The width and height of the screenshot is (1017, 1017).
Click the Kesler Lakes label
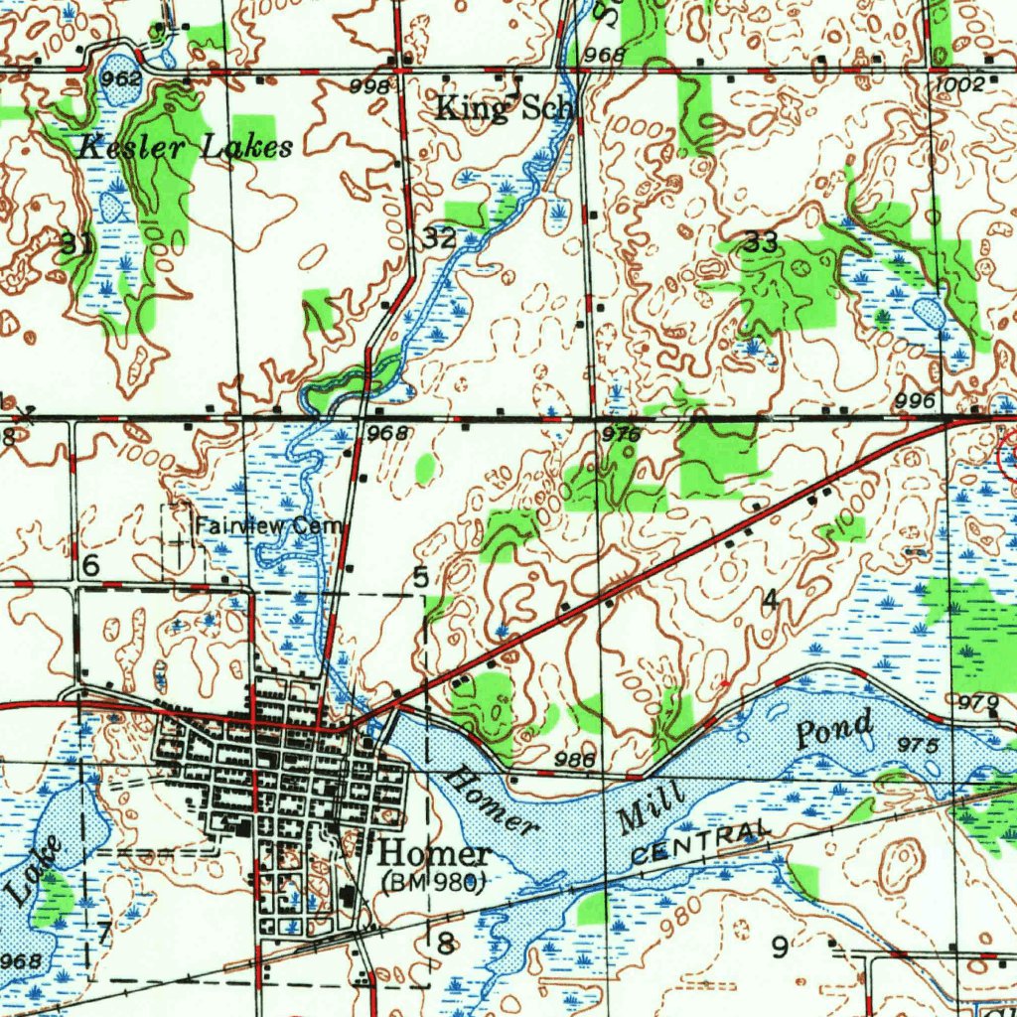(186, 148)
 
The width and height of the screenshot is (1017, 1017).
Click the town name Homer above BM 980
(435, 853)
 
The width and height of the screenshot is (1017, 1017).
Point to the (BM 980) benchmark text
(432, 881)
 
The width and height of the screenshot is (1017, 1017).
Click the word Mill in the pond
(652, 806)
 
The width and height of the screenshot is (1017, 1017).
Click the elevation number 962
(120, 77)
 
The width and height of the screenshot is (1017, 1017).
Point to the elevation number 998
(369, 87)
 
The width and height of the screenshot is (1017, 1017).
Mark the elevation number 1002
(959, 85)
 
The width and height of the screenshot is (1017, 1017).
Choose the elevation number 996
(915, 400)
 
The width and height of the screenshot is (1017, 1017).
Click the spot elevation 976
(621, 434)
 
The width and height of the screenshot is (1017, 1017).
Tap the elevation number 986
(575, 760)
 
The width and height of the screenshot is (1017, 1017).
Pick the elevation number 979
(979, 703)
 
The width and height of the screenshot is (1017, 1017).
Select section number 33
(761, 241)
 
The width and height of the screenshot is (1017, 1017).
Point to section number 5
(421, 577)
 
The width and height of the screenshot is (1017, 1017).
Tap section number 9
(781, 946)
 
